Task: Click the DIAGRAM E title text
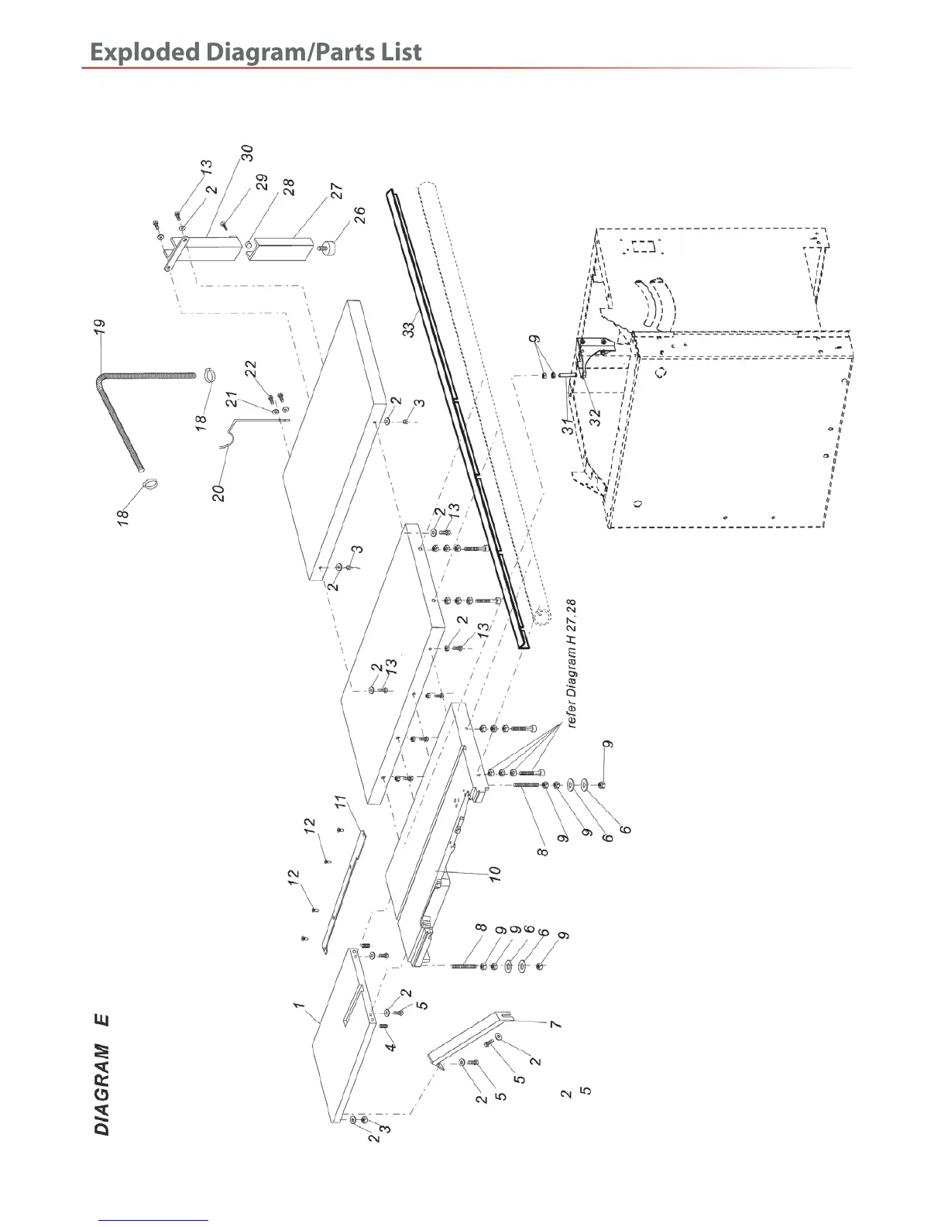point(102,1074)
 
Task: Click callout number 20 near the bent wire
point(220,493)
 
